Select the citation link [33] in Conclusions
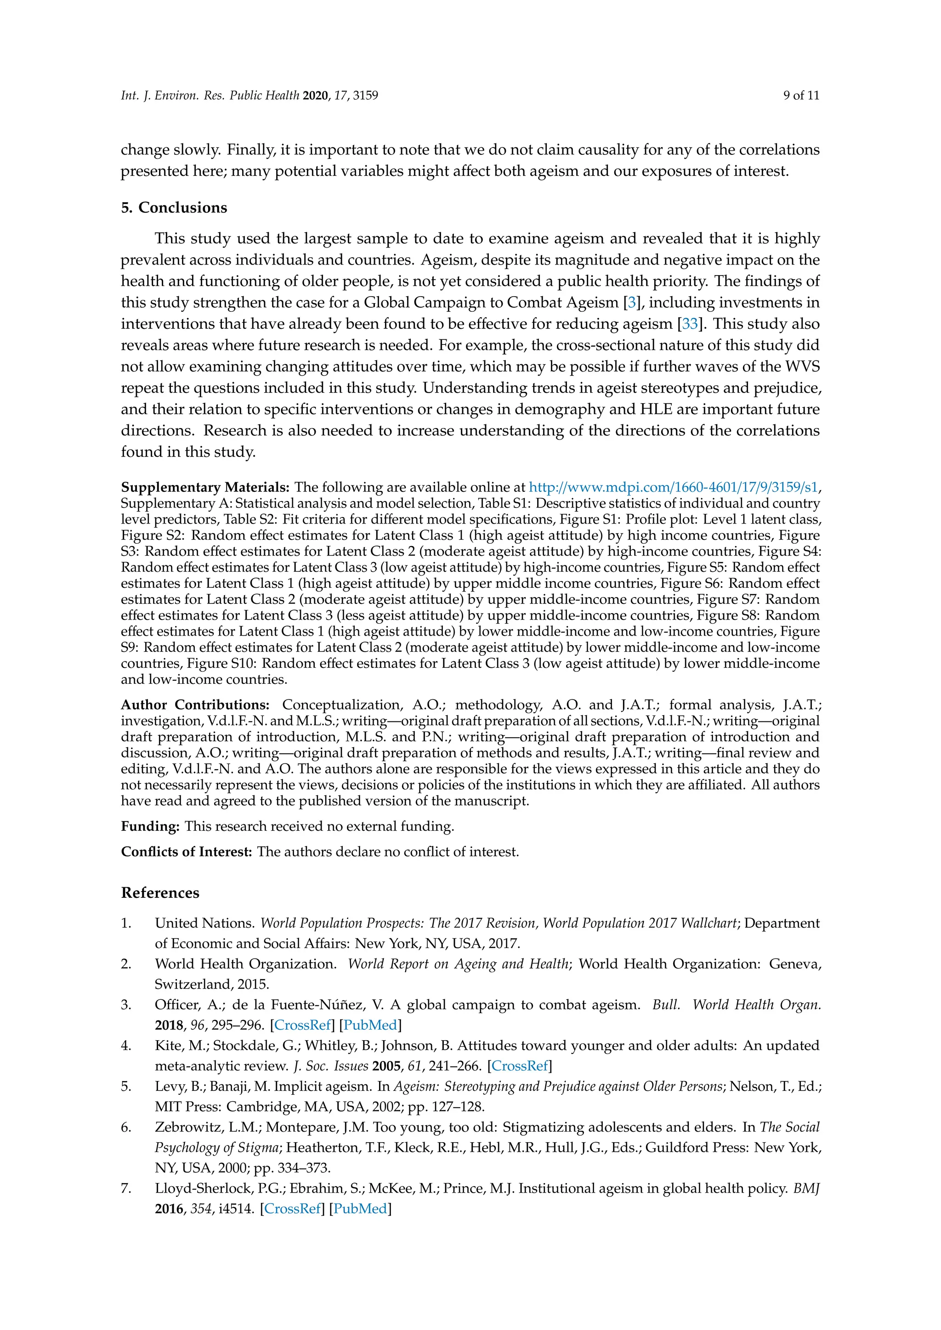pyautogui.click(x=690, y=324)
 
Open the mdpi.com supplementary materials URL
pyautogui.click(x=673, y=487)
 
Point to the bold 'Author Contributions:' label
pyautogui.click(x=195, y=705)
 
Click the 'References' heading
pyautogui.click(x=160, y=893)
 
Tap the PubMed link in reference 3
pyautogui.click(x=370, y=1026)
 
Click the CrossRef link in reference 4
pyautogui.click(x=520, y=1066)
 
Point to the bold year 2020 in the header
pyautogui.click(x=315, y=96)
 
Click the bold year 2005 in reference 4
pyautogui.click(x=386, y=1066)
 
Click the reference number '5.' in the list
pyautogui.click(x=126, y=1087)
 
